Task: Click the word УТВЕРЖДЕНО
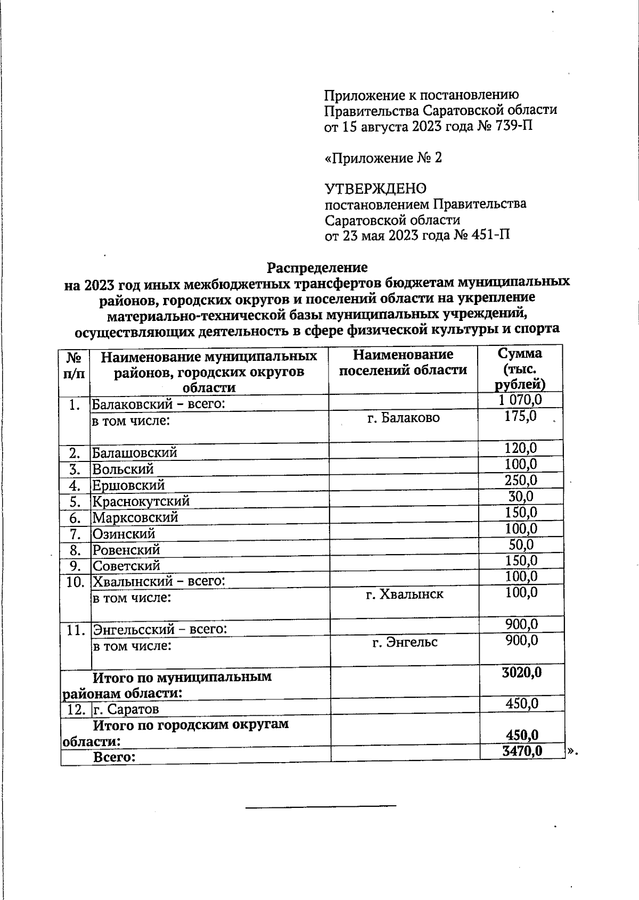point(375,188)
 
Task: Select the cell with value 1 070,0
point(521,400)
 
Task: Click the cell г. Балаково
point(404,418)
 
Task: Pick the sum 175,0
point(520,416)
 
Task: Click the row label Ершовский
point(128,485)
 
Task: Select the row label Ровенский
point(126,550)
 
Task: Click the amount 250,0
point(521,481)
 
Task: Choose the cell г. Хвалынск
point(404,594)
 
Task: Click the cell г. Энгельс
point(404,642)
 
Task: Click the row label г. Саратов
point(126,709)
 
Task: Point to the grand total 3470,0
point(521,751)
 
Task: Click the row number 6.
point(75,518)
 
